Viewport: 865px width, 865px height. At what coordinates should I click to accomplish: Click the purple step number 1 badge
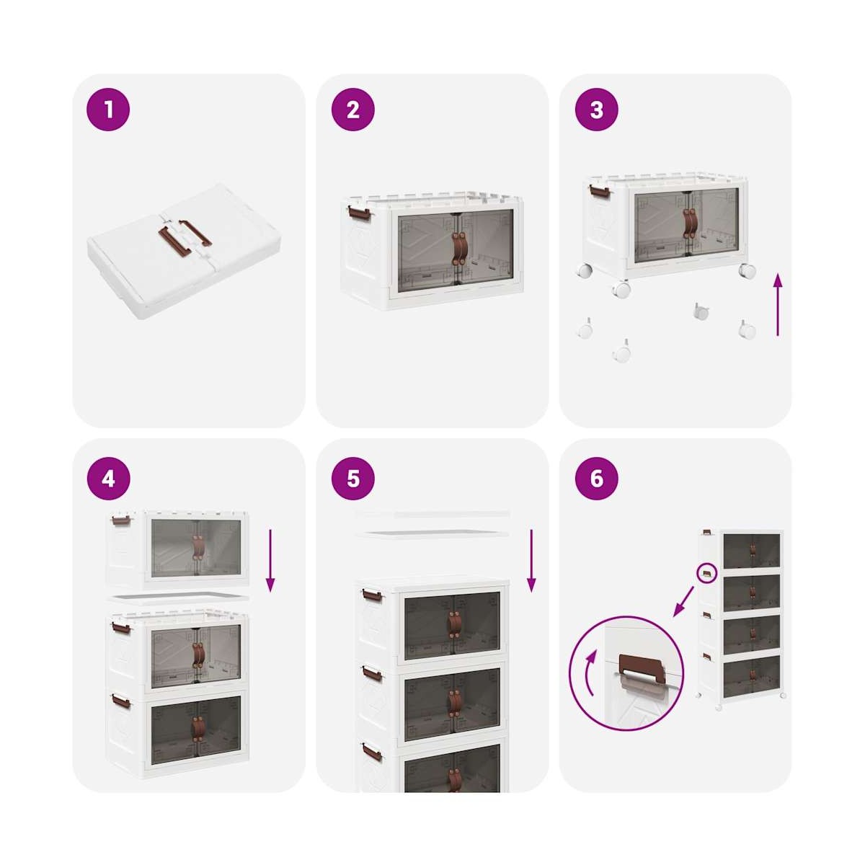108,109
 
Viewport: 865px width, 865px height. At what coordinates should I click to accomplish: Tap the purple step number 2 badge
352,109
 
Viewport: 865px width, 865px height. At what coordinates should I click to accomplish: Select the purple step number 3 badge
597,109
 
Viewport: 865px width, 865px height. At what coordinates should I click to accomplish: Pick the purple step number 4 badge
108,479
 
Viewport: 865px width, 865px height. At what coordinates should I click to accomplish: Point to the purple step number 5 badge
352,479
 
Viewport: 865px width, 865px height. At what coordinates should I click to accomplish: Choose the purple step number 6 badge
597,479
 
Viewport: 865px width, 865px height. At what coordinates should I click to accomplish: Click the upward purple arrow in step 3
778,305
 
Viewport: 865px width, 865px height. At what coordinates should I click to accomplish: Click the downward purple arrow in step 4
270,561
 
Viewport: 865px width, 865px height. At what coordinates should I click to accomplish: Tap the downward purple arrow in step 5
531,561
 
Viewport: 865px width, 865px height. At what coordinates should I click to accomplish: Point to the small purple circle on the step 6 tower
707,573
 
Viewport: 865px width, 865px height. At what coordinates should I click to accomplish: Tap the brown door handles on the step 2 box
459,250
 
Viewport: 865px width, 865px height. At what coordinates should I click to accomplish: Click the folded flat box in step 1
184,249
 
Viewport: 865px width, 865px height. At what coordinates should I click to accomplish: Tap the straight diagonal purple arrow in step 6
683,600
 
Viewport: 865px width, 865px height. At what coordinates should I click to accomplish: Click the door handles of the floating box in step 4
196,548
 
